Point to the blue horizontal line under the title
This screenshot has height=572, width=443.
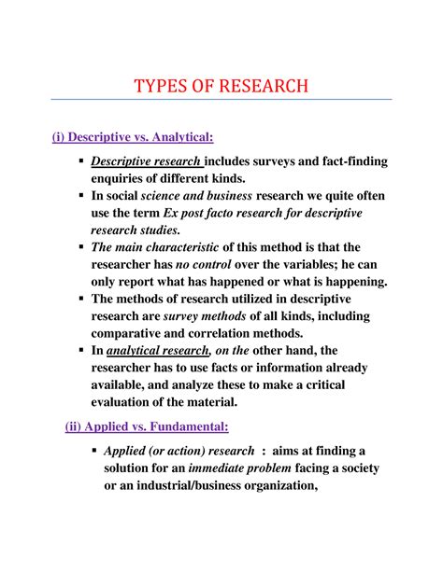pos(221,100)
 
